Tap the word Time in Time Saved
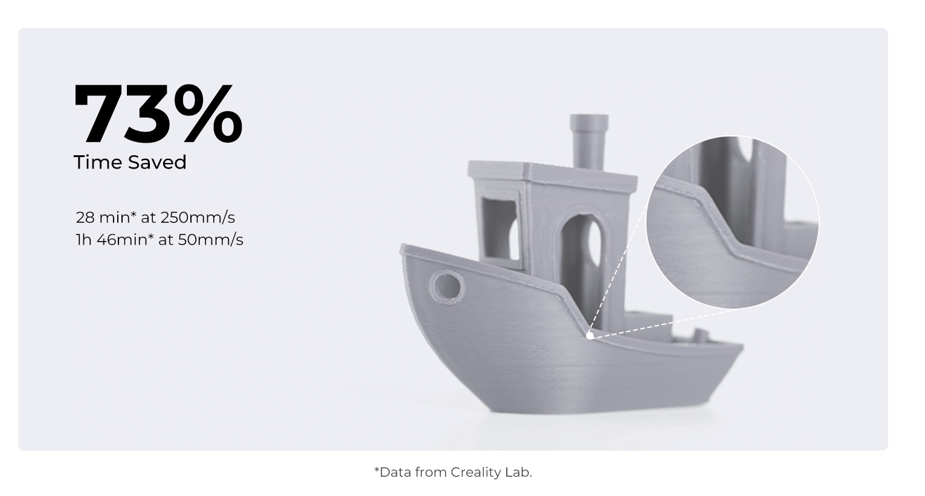coord(98,162)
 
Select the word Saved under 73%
coord(157,162)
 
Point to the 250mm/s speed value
coord(198,217)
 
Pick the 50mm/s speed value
coord(211,239)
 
